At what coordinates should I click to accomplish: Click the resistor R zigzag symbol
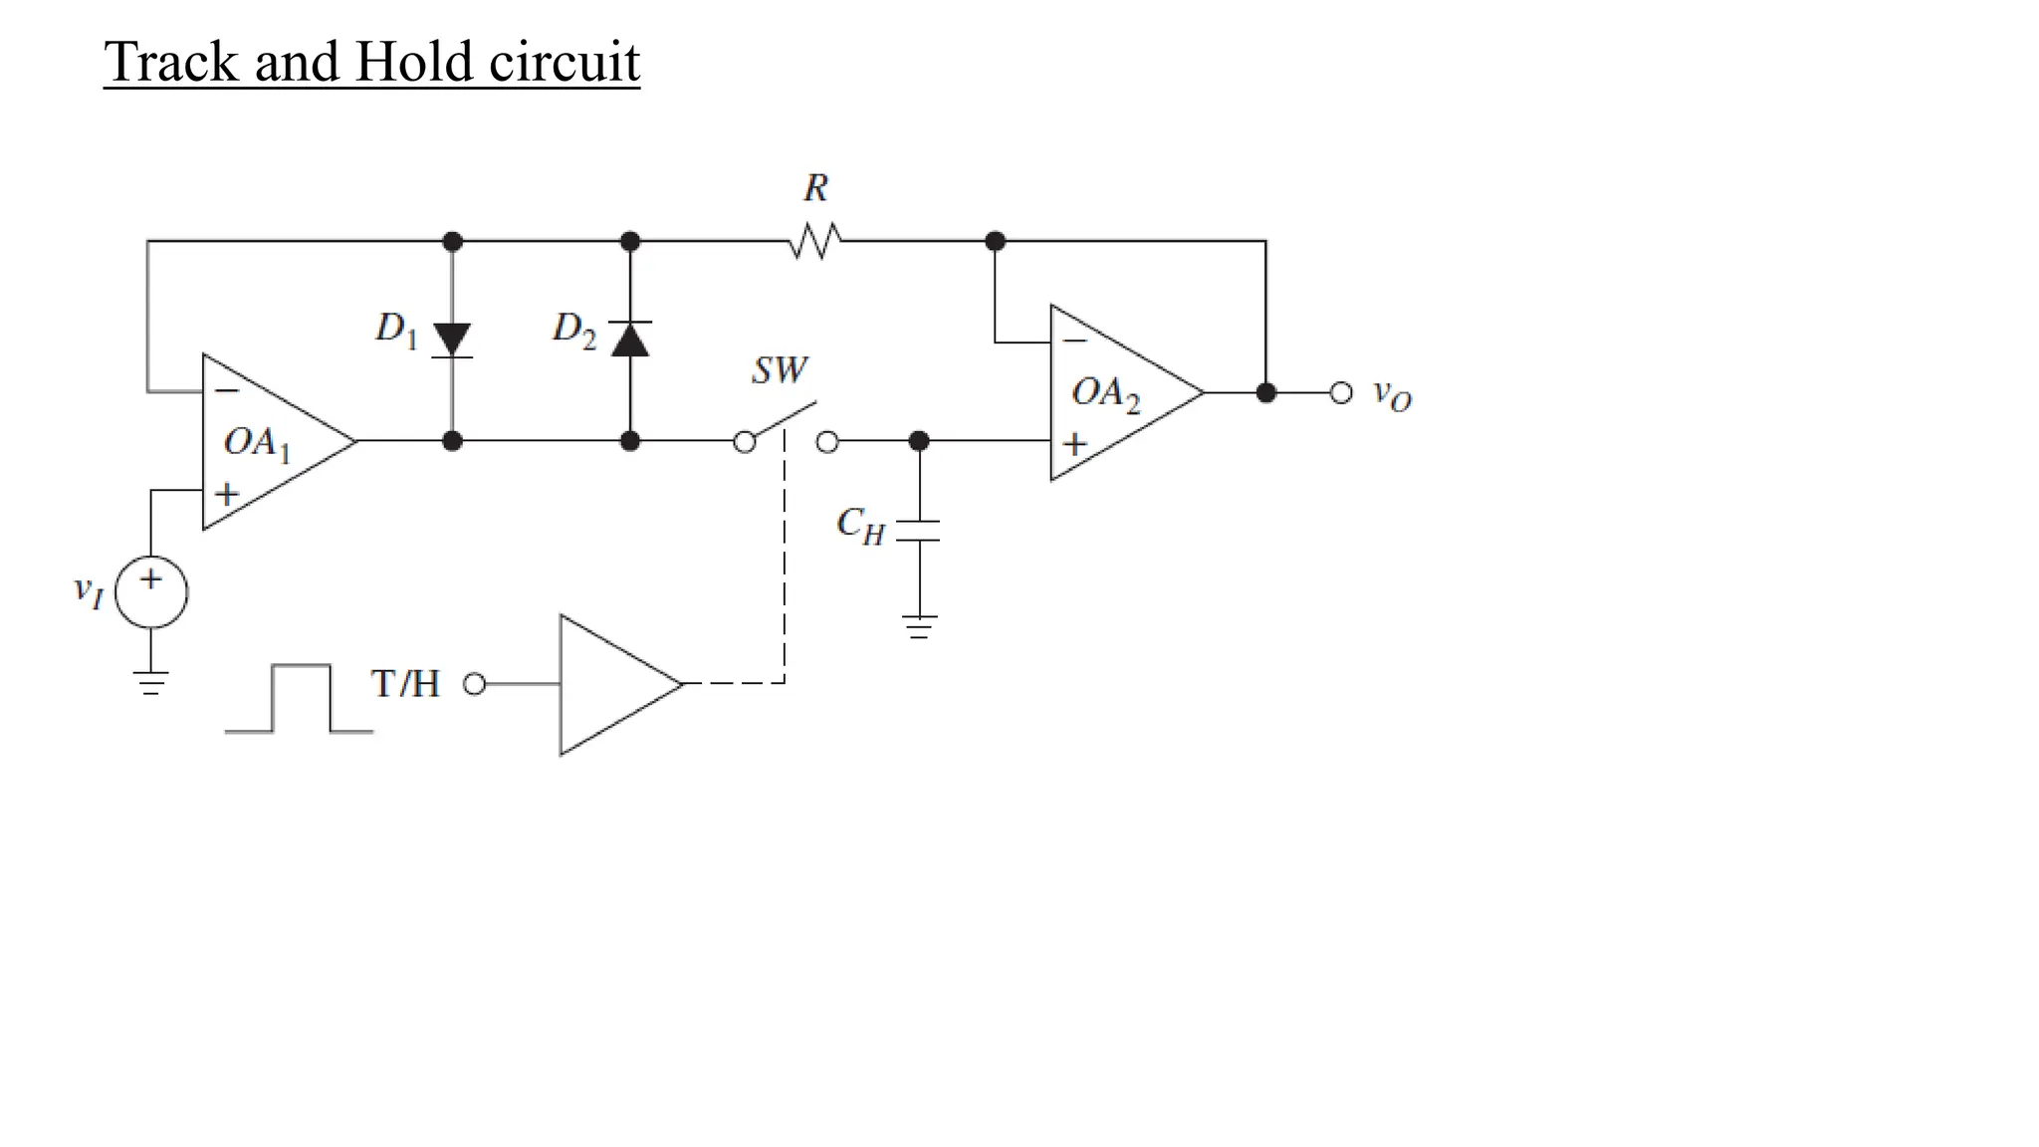coord(815,241)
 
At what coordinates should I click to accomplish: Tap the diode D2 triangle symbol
coord(630,340)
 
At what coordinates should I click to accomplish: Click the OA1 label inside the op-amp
coord(257,443)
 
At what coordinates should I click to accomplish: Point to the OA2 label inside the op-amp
coord(1105,393)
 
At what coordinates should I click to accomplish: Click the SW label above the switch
coord(780,371)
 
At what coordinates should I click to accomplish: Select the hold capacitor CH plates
coord(918,531)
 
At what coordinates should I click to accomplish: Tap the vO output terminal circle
coord(1341,392)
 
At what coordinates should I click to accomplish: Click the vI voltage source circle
coord(151,592)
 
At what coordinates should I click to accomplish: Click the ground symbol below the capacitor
coord(919,626)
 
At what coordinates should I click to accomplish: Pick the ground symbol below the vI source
coord(151,682)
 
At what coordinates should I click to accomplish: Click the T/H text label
coord(405,684)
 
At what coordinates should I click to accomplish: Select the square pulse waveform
coord(300,698)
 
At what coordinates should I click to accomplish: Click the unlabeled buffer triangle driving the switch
coord(613,684)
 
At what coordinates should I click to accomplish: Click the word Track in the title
coord(172,62)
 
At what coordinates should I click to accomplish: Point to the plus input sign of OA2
coord(1074,444)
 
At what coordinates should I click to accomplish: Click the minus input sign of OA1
coord(228,391)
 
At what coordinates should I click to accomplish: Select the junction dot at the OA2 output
coord(1265,392)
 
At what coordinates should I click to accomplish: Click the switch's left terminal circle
coord(744,442)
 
